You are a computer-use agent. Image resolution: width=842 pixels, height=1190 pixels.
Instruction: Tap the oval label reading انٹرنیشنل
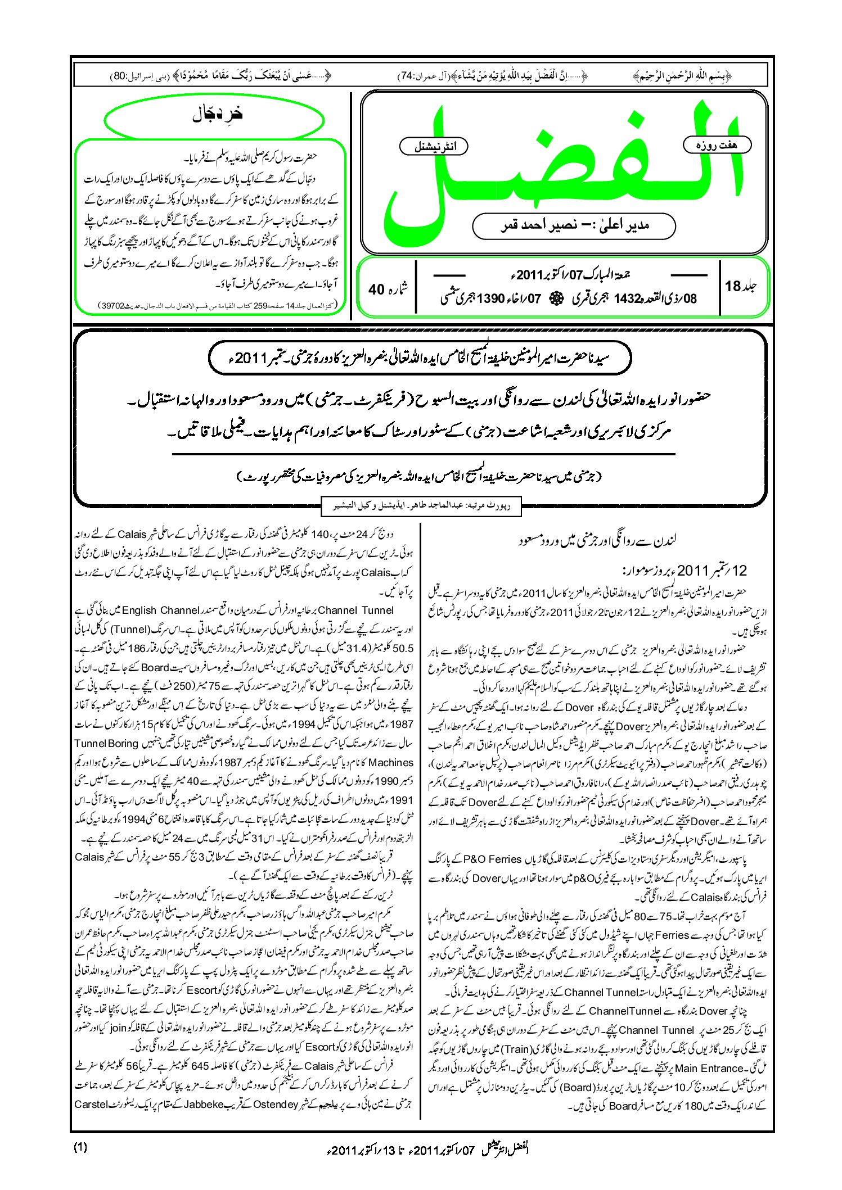[433, 147]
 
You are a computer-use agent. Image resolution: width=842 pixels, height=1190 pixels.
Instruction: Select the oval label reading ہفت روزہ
[717, 145]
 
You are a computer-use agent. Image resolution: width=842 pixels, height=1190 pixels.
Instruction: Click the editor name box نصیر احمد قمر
[574, 225]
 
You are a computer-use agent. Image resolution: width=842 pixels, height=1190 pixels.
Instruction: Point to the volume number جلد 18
[741, 287]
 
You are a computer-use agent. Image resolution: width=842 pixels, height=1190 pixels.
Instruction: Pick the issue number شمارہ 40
[388, 289]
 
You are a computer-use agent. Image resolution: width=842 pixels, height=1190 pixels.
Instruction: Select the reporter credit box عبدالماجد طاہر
[421, 505]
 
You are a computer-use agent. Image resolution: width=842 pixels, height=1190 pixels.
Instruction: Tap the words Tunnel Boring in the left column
[106, 743]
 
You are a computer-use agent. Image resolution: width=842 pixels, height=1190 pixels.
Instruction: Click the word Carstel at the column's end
[91, 1104]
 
